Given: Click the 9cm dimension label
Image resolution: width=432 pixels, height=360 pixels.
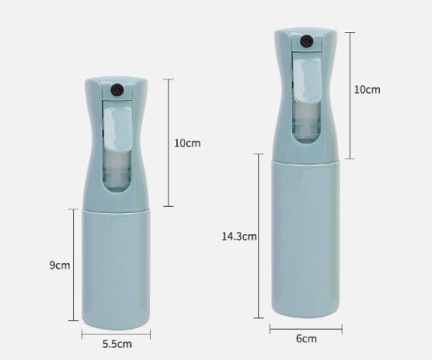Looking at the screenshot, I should (59, 265).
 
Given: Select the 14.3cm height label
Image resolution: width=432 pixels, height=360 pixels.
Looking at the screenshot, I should (239, 236).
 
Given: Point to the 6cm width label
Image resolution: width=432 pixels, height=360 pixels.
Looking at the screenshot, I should (306, 338).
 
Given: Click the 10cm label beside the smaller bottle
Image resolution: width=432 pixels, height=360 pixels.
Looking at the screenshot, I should (187, 143).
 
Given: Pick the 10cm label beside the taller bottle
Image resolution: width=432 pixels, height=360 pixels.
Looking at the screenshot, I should (367, 90).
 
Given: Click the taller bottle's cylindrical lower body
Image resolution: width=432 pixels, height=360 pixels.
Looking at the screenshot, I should (306, 237).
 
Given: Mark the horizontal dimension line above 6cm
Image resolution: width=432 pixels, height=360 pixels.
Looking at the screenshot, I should (305, 327).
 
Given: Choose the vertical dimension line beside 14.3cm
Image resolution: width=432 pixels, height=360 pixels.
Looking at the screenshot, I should (259, 237).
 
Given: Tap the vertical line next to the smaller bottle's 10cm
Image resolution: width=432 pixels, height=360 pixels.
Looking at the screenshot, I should (168, 143).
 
